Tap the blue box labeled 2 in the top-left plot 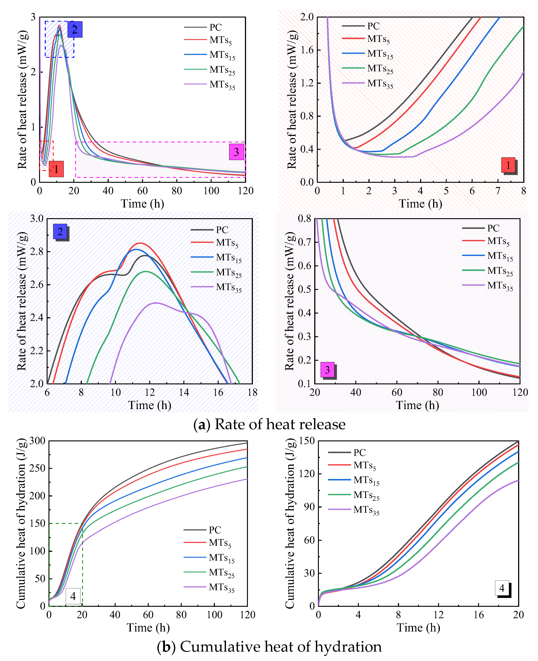point(75,30)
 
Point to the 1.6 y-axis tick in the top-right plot point(307,50)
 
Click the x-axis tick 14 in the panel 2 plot point(184,392)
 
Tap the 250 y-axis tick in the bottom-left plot point(37,468)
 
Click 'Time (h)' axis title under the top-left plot point(142,204)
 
